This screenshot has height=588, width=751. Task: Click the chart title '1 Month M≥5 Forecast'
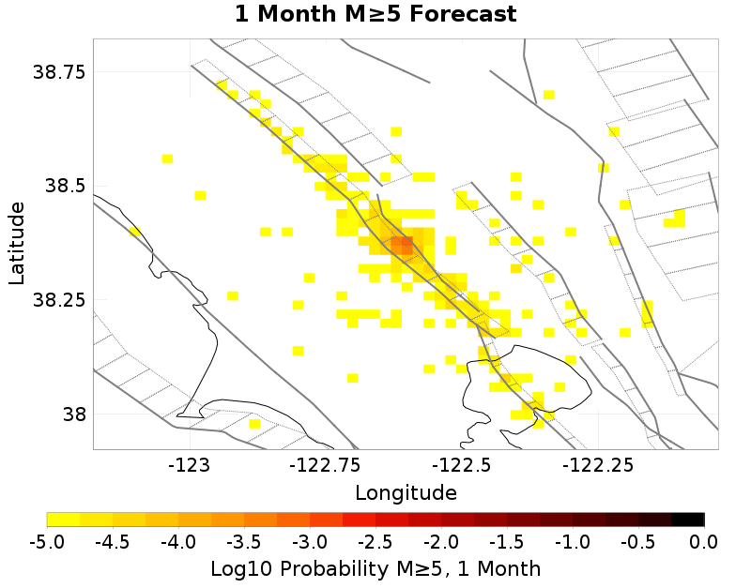click(x=375, y=15)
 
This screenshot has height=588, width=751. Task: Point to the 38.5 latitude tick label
click(x=66, y=186)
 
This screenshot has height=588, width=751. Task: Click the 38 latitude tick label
click(x=72, y=414)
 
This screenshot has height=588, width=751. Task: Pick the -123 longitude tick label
click(x=191, y=464)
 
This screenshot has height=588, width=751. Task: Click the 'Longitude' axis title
click(x=406, y=492)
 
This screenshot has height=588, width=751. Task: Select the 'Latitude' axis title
click(x=17, y=243)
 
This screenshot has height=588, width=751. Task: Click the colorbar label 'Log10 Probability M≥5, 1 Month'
click(x=375, y=569)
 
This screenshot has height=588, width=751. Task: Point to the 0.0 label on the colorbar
click(x=703, y=542)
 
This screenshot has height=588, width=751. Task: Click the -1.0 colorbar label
click(x=573, y=542)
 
